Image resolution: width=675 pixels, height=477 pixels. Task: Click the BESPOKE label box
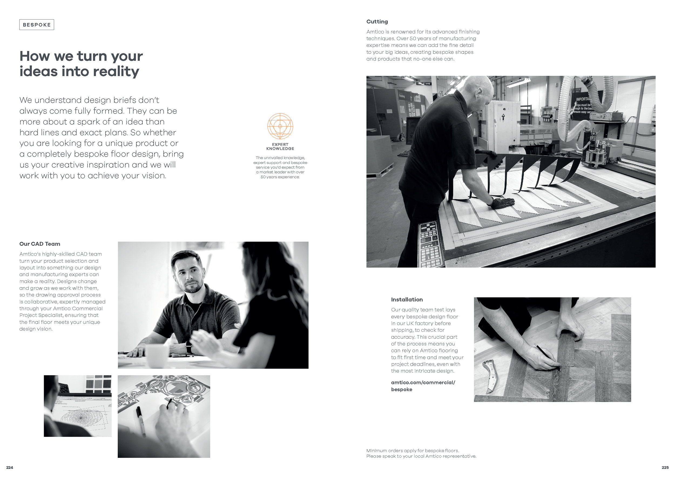[37, 25]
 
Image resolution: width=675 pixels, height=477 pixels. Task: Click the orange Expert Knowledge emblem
[280, 126]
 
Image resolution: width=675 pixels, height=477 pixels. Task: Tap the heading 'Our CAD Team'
[40, 244]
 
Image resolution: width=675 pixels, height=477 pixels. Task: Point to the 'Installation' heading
[407, 299]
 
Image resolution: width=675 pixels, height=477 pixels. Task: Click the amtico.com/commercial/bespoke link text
[423, 386]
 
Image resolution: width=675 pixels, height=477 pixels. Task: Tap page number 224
[10, 468]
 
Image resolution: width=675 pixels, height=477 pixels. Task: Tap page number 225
[665, 468]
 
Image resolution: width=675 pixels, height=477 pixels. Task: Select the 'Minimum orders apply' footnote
[421, 453]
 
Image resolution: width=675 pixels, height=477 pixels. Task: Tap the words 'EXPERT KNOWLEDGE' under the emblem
[280, 146]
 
